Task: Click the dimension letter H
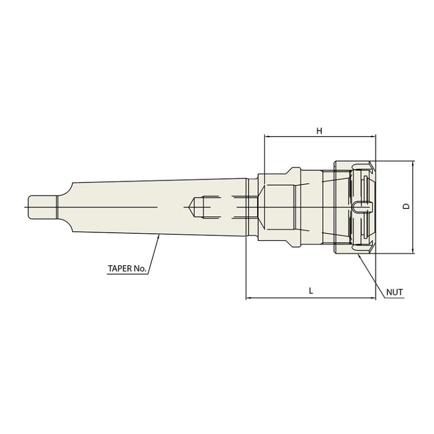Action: (320, 131)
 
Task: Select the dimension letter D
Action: (406, 207)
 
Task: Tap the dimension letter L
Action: (311, 291)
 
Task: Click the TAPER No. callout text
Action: (127, 268)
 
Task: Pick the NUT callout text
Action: (394, 292)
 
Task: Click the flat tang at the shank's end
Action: (42, 206)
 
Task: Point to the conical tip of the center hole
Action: (191, 206)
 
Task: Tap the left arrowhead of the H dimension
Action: (266, 136)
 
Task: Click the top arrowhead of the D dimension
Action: (413, 163)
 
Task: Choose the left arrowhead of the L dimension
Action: (248, 297)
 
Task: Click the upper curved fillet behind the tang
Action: (64, 190)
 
